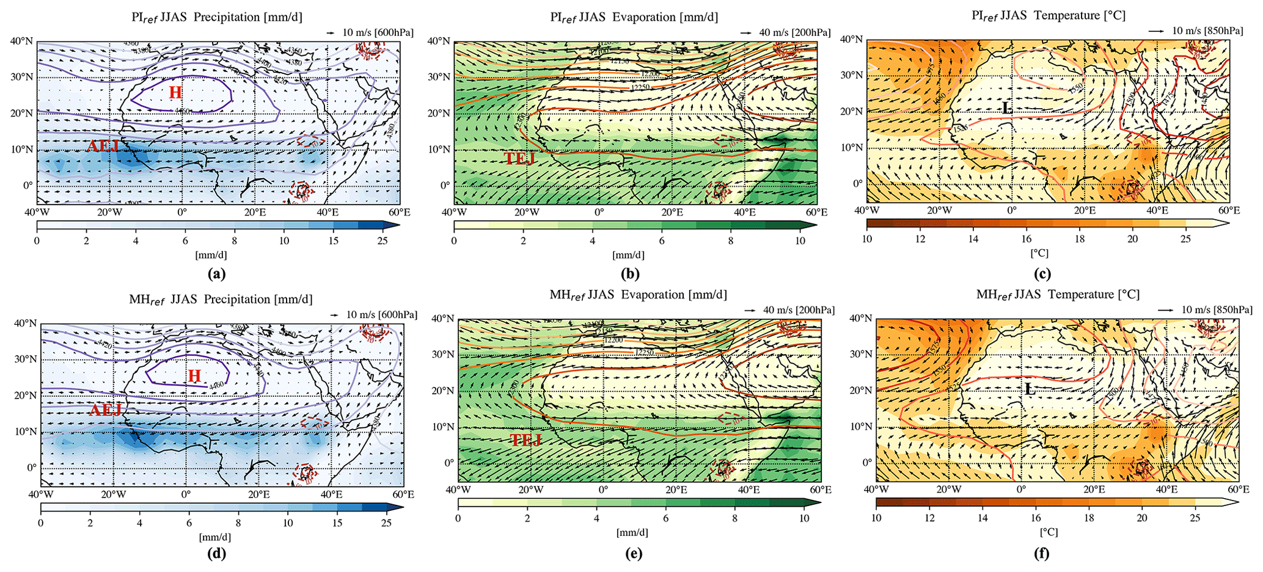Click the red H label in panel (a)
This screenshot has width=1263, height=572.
click(x=175, y=93)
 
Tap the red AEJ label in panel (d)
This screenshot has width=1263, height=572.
click(x=106, y=410)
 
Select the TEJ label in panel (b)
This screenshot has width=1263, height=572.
click(x=520, y=159)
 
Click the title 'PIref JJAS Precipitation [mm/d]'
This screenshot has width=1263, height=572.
click(x=217, y=17)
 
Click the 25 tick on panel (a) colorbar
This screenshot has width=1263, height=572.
click(x=382, y=241)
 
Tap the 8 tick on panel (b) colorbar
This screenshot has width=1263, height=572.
click(x=731, y=241)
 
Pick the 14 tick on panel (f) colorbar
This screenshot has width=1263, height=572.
click(x=983, y=518)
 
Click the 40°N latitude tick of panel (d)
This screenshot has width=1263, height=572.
click(x=26, y=323)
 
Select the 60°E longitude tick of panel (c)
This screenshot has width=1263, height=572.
click(x=1229, y=211)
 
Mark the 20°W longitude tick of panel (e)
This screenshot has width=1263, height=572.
click(x=530, y=490)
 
